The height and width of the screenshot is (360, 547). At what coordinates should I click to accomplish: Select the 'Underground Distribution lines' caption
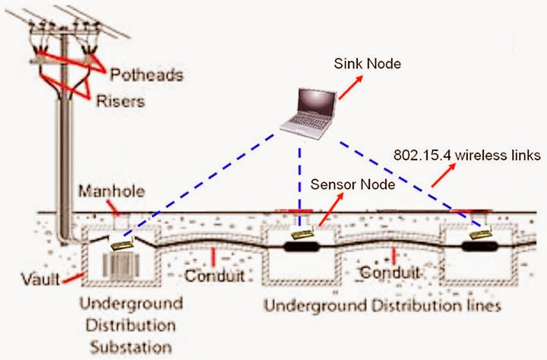pos(381,307)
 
